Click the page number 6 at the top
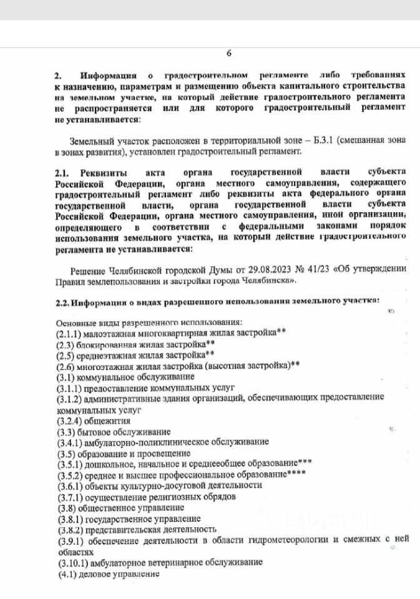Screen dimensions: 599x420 [x=228, y=54]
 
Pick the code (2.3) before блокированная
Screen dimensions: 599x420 [x=65, y=344]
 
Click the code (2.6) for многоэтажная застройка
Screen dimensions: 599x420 [x=65, y=366]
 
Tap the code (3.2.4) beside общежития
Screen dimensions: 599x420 [x=69, y=421]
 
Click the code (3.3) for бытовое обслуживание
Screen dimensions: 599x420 [x=65, y=431]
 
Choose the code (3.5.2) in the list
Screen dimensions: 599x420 [x=69, y=474]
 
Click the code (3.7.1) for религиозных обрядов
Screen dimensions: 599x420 [x=69, y=496]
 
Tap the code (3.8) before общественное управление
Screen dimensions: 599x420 [x=65, y=507]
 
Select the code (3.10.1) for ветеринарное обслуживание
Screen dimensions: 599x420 [x=72, y=562]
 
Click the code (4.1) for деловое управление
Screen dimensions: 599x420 [x=65, y=573]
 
